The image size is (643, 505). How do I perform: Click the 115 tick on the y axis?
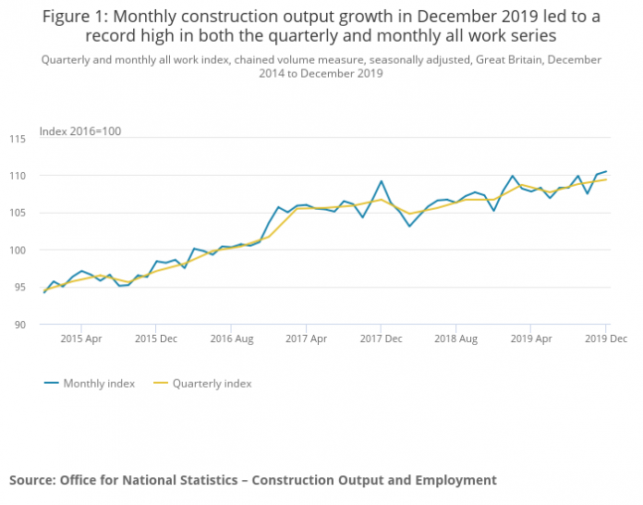tap(27, 139)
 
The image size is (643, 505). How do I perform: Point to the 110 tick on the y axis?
tap(27, 176)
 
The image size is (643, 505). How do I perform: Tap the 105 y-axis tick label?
tap(27, 213)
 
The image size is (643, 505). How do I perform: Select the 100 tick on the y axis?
tap(27, 250)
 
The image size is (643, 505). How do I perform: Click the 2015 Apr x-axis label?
tap(80, 339)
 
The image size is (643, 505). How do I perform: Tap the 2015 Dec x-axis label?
tap(155, 339)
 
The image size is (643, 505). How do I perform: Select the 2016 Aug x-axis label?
tap(230, 339)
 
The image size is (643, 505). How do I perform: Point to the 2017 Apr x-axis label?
tap(306, 339)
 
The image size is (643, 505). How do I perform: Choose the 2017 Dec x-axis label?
tap(381, 339)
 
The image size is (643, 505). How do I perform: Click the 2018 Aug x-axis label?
tap(455, 339)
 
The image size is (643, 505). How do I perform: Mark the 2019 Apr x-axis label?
tap(531, 339)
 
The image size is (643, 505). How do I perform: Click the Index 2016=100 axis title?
tap(80, 131)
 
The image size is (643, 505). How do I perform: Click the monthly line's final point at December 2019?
tap(606, 171)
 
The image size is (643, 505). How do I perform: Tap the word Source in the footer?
tap(31, 480)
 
